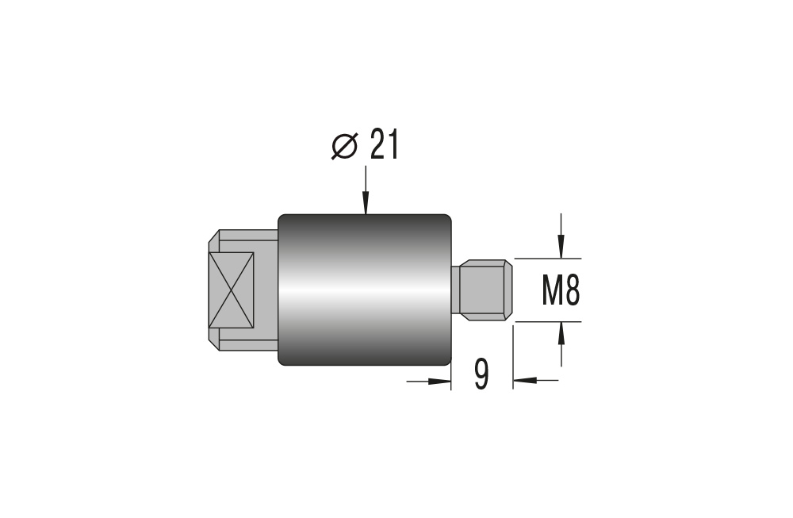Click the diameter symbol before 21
344,146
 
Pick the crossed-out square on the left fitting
231,290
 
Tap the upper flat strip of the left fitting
247,236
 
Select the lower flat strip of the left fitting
247,345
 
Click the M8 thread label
561,291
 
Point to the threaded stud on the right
481,290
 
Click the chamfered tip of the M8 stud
508,290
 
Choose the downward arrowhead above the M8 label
561,248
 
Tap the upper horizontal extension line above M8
547,259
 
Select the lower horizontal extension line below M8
547,321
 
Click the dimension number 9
481,375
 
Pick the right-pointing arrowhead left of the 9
439,381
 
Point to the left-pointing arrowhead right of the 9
524,381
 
